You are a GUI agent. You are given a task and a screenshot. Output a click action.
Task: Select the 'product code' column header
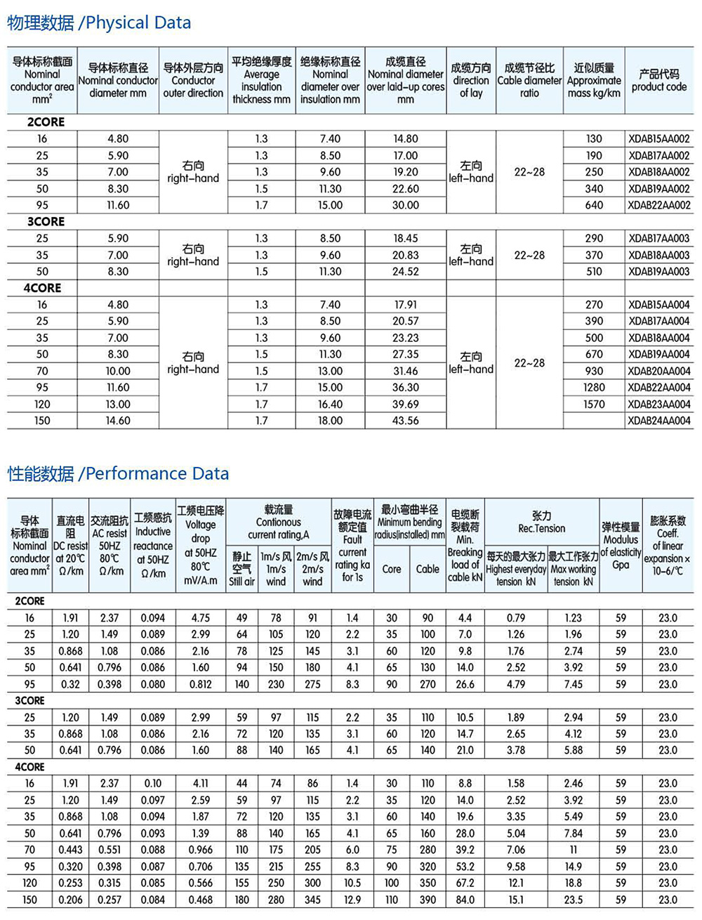coord(659,80)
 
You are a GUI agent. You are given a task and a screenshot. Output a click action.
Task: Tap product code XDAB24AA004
coord(659,421)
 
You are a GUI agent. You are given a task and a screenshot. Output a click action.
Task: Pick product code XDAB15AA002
coord(659,139)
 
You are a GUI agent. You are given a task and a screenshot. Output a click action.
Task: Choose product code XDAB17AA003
coord(659,239)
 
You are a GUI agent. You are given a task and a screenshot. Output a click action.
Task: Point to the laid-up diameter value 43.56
coord(406,421)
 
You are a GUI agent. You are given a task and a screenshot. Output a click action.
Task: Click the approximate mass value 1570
coord(594,404)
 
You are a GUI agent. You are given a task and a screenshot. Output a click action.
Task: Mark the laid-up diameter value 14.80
coord(406,139)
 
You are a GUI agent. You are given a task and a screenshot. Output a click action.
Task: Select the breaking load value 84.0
coord(465,900)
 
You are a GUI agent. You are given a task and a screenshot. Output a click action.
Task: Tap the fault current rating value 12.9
coord(352,900)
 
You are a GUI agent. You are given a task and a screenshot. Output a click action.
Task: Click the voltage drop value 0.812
coord(200,684)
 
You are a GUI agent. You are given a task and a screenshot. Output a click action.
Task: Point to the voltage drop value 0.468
coord(200,900)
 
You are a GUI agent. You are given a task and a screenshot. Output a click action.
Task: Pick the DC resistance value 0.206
coord(70,900)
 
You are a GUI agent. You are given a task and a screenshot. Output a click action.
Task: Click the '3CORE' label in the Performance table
coord(29,701)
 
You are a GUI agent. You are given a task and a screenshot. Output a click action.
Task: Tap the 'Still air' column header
coord(241,569)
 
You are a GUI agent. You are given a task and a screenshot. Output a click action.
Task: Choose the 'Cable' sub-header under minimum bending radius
coord(428,569)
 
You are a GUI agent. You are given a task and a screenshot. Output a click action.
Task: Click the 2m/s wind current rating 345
coord(312,900)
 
